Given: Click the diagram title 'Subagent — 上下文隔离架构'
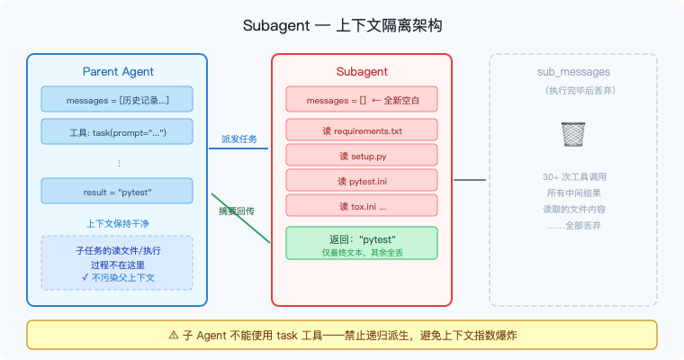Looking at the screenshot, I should pos(342,25).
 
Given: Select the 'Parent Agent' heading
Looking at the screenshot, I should pos(117,71).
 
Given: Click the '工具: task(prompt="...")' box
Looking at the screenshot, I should pos(117,131).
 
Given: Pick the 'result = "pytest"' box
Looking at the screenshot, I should pos(117,191).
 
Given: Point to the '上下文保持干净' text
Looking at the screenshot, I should pos(117,221).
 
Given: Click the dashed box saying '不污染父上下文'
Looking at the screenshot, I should pos(117,263).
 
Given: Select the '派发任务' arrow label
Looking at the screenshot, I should pos(239,139).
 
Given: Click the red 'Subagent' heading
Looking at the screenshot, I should pos(362,71).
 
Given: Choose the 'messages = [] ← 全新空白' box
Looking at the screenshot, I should pos(362,99).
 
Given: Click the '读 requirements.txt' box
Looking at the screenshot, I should pos(362,130).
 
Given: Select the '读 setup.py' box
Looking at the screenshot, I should pos(362,156).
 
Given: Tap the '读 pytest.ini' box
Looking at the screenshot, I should pos(362,181).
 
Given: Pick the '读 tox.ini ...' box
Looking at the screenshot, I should pos(362,206).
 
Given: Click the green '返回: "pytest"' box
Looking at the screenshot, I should pos(362,243).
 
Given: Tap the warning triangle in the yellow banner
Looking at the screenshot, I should pos(174,334).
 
